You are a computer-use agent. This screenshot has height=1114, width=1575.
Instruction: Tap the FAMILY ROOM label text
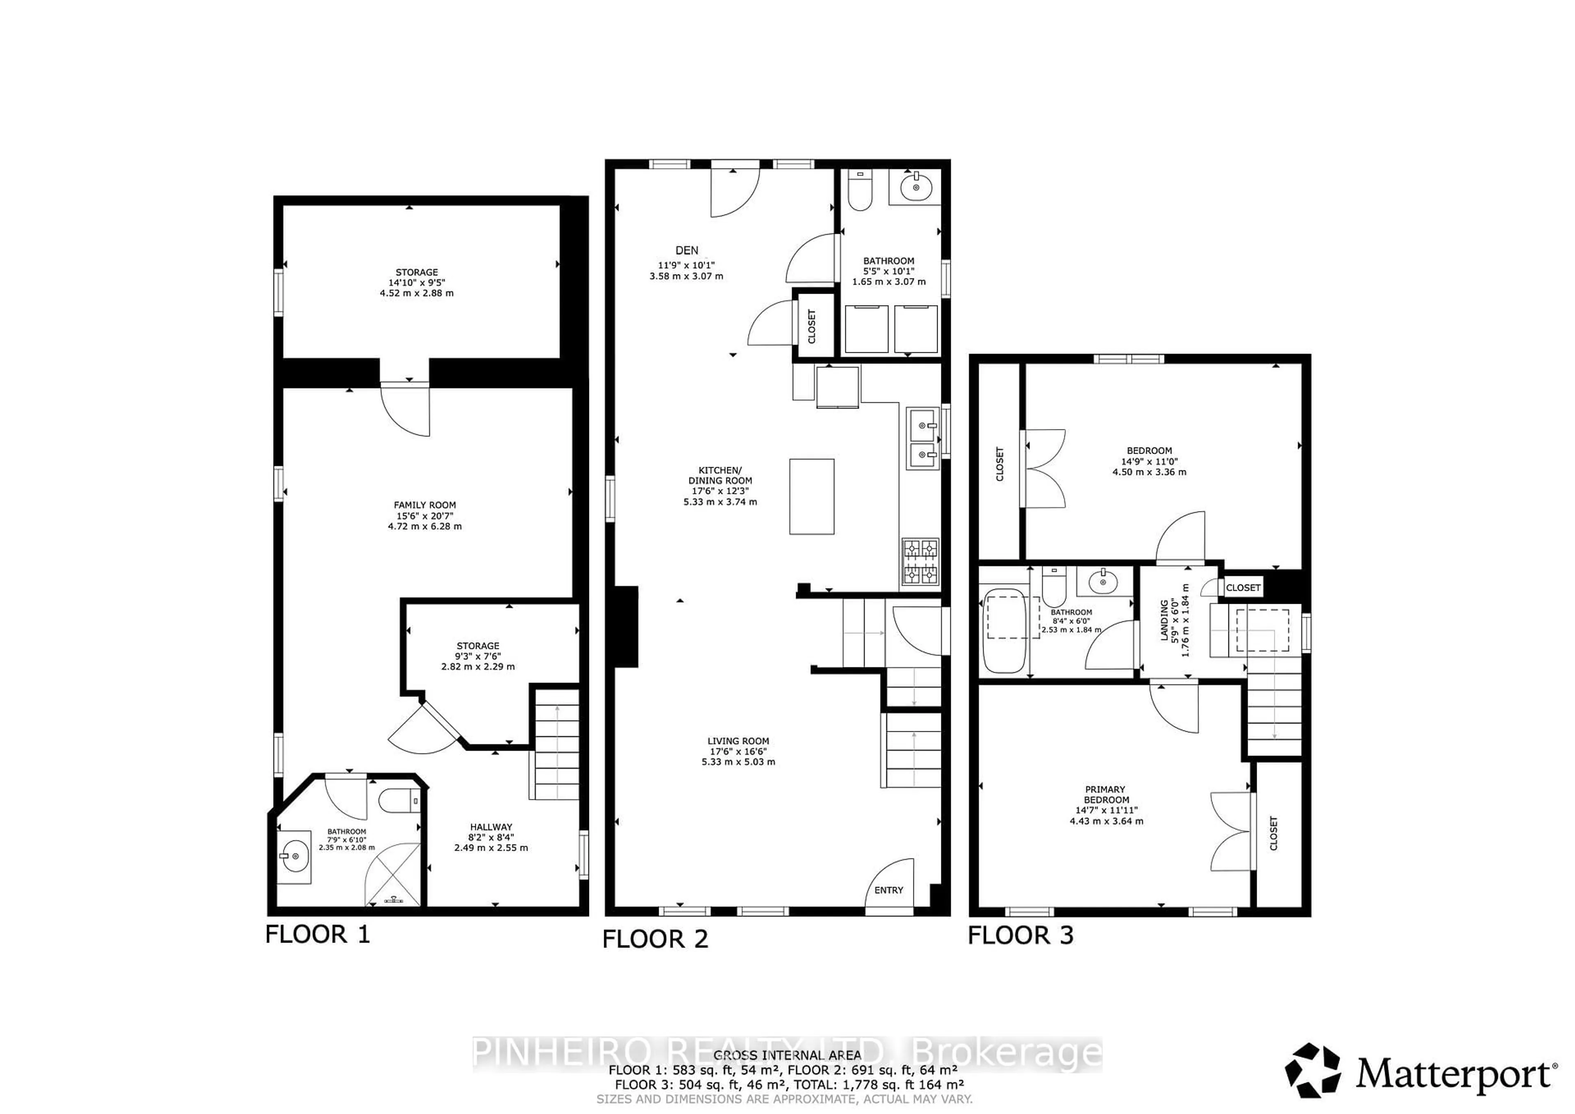click(x=425, y=505)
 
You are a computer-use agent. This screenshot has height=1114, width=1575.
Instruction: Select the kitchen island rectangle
click(x=812, y=497)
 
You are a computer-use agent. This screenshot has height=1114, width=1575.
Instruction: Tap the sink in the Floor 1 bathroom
click(x=294, y=856)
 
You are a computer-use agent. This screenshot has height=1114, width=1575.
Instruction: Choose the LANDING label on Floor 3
click(x=1164, y=621)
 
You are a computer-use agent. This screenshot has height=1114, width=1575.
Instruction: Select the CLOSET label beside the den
click(x=812, y=326)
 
